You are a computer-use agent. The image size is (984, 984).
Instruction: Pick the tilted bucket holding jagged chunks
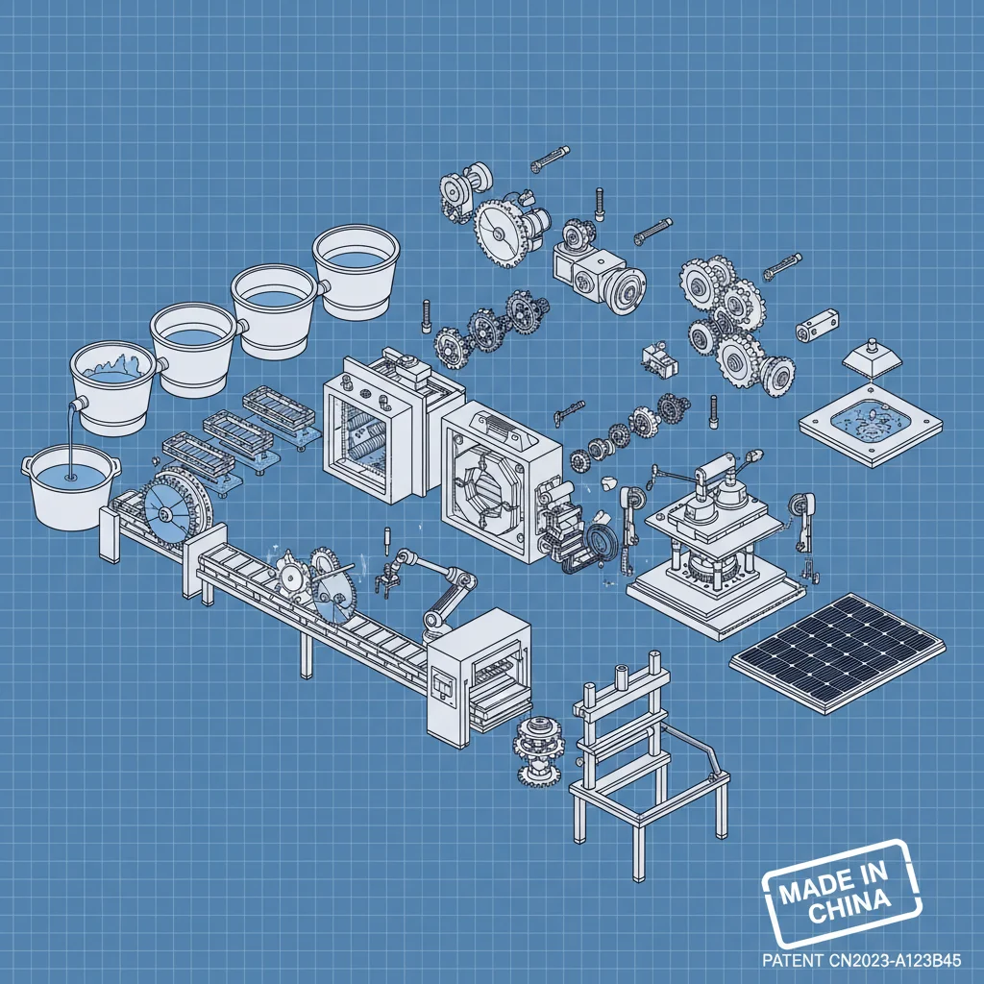[x=113, y=388]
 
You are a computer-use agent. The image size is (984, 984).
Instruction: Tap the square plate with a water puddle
[x=870, y=423]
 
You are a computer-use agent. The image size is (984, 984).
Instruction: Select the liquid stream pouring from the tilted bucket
[x=70, y=437]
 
